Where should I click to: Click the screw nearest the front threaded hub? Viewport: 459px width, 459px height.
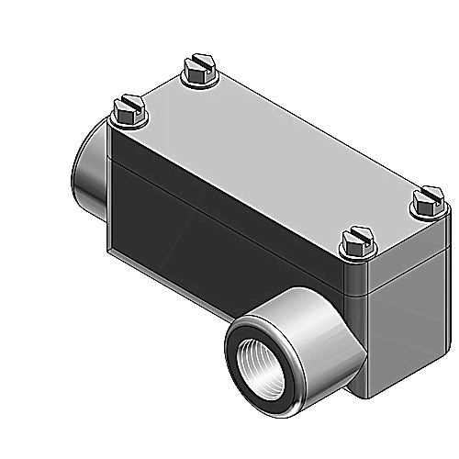coord(354,243)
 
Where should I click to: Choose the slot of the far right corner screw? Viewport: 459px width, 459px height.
coord(427,196)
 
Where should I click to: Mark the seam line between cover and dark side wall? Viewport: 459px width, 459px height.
coord(229,211)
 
